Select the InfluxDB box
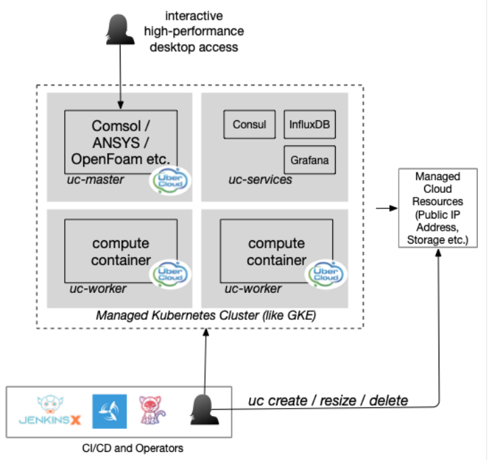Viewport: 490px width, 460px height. tap(309, 125)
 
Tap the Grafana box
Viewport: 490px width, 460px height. tap(309, 161)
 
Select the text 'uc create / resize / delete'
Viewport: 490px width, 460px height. tap(328, 400)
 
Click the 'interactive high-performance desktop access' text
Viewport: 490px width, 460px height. tap(194, 32)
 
